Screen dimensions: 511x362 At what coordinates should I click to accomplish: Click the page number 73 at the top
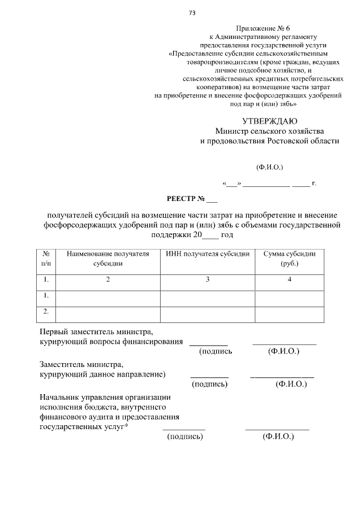click(x=192, y=12)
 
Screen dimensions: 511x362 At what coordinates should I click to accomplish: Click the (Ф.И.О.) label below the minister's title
click(x=269, y=167)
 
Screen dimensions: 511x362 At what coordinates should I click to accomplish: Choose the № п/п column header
click(x=46, y=259)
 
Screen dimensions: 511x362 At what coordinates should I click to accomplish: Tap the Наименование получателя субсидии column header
click(x=107, y=259)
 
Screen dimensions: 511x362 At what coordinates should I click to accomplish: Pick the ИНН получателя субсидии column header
click(x=208, y=254)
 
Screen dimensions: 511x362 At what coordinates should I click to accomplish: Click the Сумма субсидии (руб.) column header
click(x=290, y=259)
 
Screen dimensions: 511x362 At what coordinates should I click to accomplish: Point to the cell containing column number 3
click(x=208, y=279)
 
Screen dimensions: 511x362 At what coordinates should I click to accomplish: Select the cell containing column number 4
click(x=290, y=279)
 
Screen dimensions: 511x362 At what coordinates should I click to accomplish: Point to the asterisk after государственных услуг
click(x=126, y=426)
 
